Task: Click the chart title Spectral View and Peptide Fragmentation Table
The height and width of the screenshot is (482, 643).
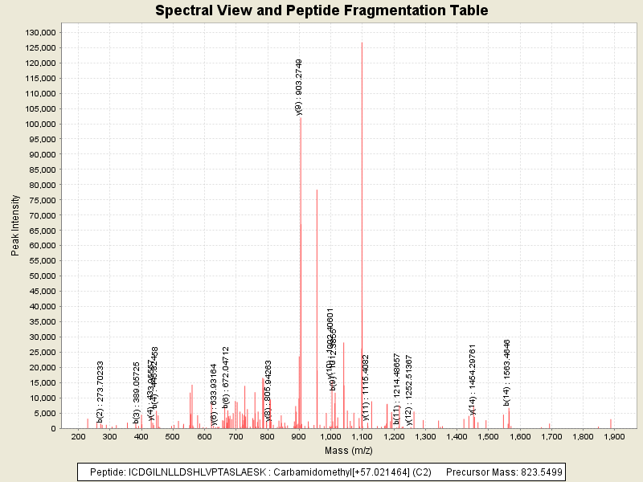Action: (321, 10)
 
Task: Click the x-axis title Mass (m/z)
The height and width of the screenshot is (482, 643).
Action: (348, 450)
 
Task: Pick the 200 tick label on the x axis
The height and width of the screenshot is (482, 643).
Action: (78, 436)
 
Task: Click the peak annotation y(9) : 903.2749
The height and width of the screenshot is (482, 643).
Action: (299, 87)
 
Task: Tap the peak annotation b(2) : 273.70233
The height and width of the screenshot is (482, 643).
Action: (100, 392)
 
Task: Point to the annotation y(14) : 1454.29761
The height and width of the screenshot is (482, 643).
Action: (473, 379)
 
